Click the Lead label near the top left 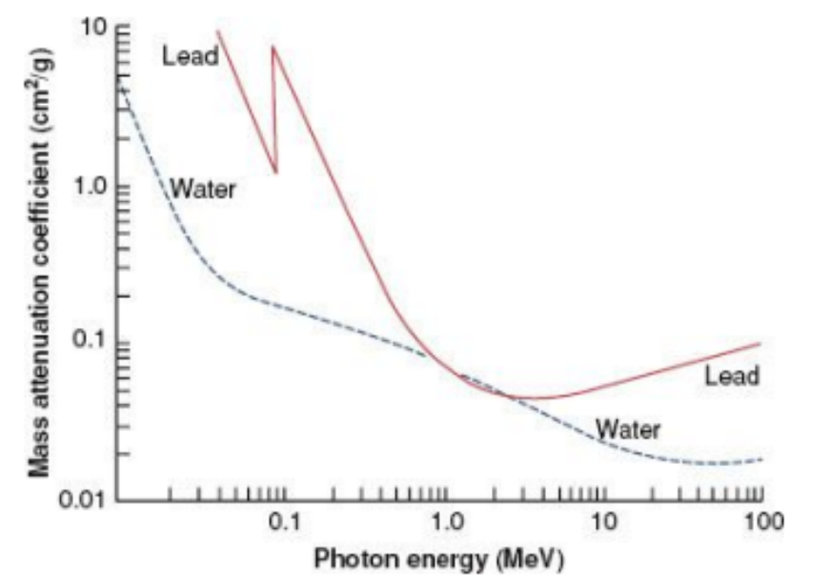[190, 56]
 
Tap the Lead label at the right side [732, 375]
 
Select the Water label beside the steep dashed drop [202, 189]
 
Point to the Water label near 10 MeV [627, 429]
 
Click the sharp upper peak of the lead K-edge [273, 46]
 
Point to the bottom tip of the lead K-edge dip [276, 172]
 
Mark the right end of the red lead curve [760, 343]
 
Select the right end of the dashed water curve [761, 459]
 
